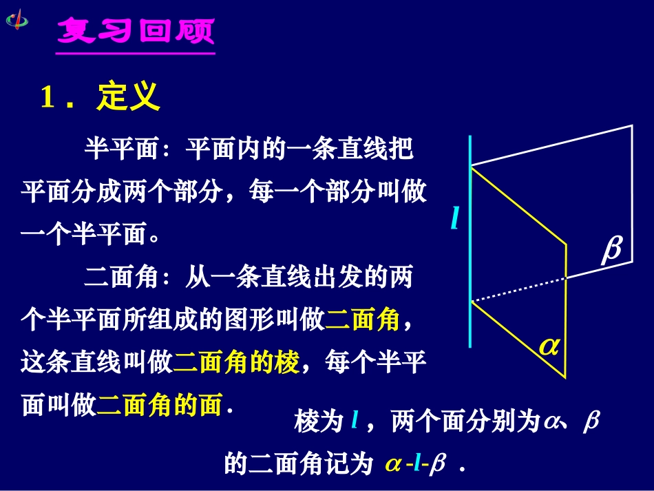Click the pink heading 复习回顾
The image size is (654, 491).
[136, 31]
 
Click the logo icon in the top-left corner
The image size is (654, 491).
[17, 18]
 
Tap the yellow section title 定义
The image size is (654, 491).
[129, 97]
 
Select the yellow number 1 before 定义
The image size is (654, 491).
[48, 98]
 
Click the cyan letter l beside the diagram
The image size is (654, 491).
[454, 219]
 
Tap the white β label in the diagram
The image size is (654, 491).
[611, 250]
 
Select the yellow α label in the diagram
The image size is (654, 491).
[549, 346]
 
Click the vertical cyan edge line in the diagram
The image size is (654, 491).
[470, 241]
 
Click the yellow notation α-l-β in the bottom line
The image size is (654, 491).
[416, 465]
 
